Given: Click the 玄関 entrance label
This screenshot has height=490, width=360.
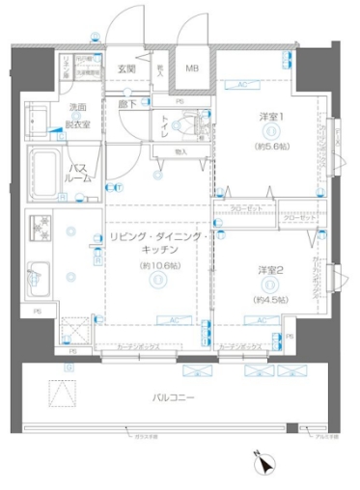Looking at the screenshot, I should [126, 68].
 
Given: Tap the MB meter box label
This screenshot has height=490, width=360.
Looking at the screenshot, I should [192, 68].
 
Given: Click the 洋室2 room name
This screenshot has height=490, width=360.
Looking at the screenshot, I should [271, 270].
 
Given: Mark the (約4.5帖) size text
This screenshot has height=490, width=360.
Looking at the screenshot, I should [271, 300].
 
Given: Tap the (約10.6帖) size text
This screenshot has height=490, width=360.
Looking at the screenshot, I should [157, 265].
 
